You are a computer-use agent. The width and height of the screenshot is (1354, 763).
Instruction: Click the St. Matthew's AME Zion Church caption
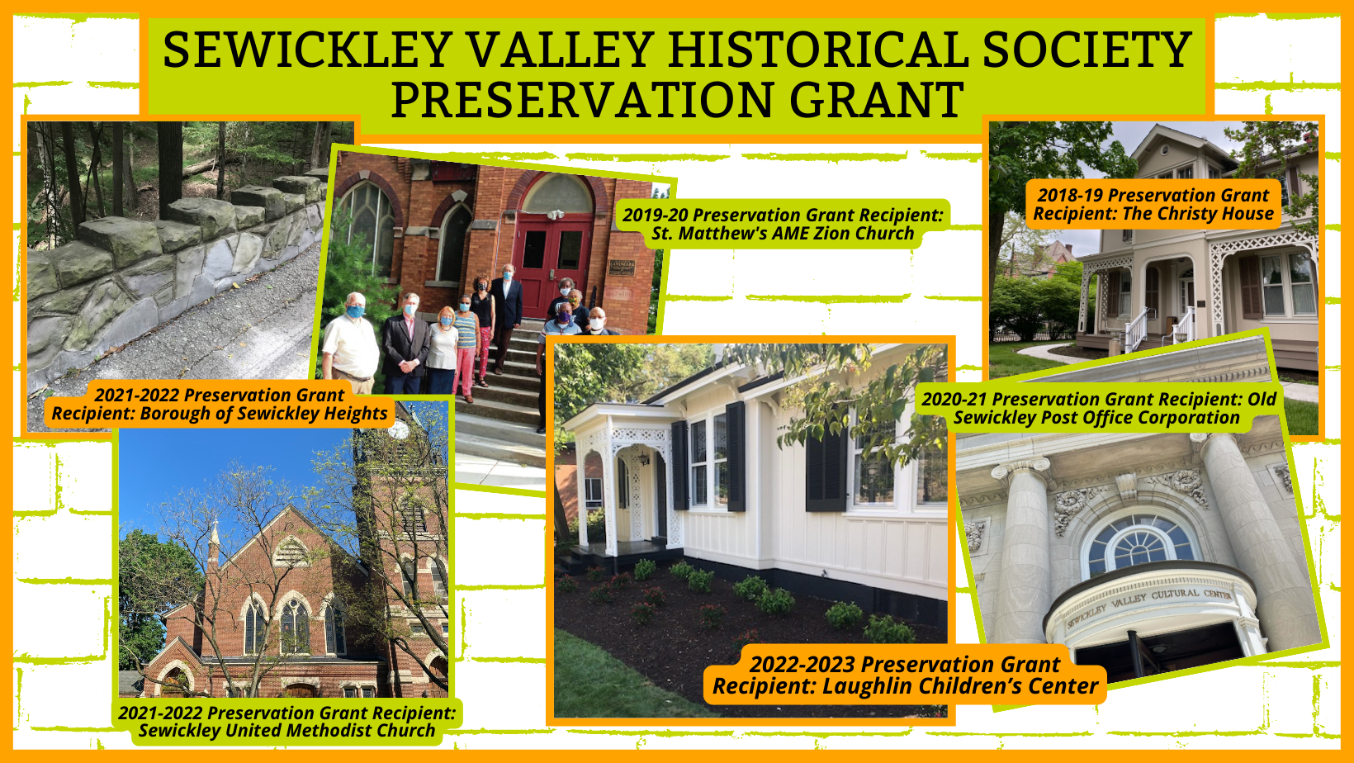[x=783, y=224]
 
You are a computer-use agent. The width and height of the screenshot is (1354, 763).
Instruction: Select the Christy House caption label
[x=1153, y=204]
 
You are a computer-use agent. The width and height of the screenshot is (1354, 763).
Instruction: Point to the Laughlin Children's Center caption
[x=905, y=675]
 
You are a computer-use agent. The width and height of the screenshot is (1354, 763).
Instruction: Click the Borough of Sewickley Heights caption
[x=220, y=404]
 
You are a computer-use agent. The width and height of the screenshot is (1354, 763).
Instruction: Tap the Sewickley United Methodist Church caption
[x=287, y=721]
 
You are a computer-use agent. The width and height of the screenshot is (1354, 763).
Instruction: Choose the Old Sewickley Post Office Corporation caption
[x=1098, y=408]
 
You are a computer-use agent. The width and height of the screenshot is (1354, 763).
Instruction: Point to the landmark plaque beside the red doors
[x=622, y=268]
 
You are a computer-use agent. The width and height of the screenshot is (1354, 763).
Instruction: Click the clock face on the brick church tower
[x=398, y=429]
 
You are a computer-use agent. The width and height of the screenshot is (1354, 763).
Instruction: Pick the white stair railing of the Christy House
[x=1135, y=329]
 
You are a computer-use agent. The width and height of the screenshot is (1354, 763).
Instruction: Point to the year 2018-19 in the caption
[x=1069, y=195]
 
